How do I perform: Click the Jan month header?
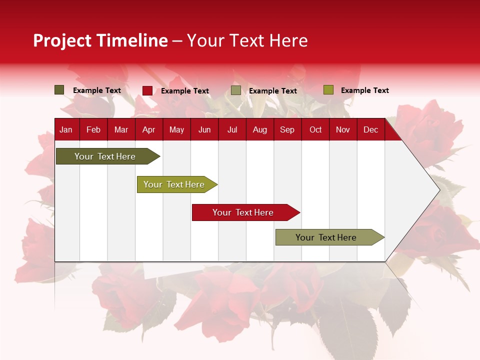coord(66,130)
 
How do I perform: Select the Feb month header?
coord(93,130)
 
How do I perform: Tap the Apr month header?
coord(148,130)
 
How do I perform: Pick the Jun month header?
coord(204,130)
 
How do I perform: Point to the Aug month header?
coord(260,130)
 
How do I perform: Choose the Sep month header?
coord(287,130)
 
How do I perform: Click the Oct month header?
coord(315,130)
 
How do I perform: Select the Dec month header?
coord(371,130)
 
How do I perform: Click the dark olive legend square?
coord(59,90)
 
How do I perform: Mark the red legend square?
coord(147,90)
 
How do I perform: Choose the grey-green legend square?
coord(236,90)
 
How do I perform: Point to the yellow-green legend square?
coord(328,90)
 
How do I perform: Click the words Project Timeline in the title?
coord(100,40)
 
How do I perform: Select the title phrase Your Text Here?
coord(247,40)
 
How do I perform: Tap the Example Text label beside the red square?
coord(185,91)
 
